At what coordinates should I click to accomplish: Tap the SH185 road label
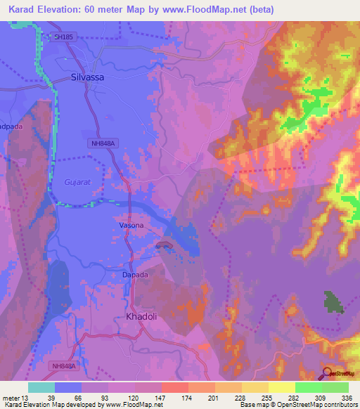click(x=62, y=37)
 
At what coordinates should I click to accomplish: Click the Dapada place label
click(x=135, y=275)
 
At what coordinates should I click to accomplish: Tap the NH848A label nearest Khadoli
click(x=65, y=365)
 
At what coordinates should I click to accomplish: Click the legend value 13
click(x=25, y=398)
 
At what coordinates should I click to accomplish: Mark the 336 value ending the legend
click(x=347, y=398)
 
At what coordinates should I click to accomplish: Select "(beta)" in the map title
click(x=257, y=10)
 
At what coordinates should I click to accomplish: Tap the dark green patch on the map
click(x=333, y=301)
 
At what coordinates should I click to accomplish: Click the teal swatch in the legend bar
click(x=41, y=387)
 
